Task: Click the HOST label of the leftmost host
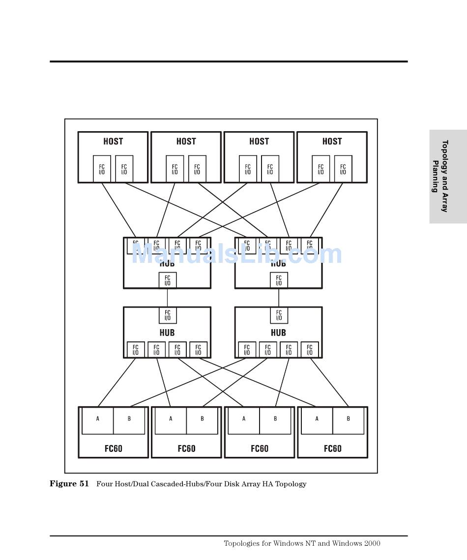click(113, 141)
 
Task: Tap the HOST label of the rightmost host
click(332, 141)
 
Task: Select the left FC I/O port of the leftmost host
click(102, 169)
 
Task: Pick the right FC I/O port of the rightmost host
click(343, 169)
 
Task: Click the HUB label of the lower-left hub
click(167, 333)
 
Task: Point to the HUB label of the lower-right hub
click(278, 333)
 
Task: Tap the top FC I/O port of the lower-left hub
click(167, 315)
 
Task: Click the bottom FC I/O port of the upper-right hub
click(279, 280)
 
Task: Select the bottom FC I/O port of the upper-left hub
click(167, 280)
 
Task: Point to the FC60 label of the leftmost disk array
click(113, 448)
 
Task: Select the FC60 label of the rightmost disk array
click(332, 448)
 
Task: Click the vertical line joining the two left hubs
click(167, 298)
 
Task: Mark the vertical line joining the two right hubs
click(279, 298)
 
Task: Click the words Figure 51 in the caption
click(69, 484)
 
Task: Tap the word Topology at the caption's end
click(291, 484)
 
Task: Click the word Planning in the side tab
click(435, 176)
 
